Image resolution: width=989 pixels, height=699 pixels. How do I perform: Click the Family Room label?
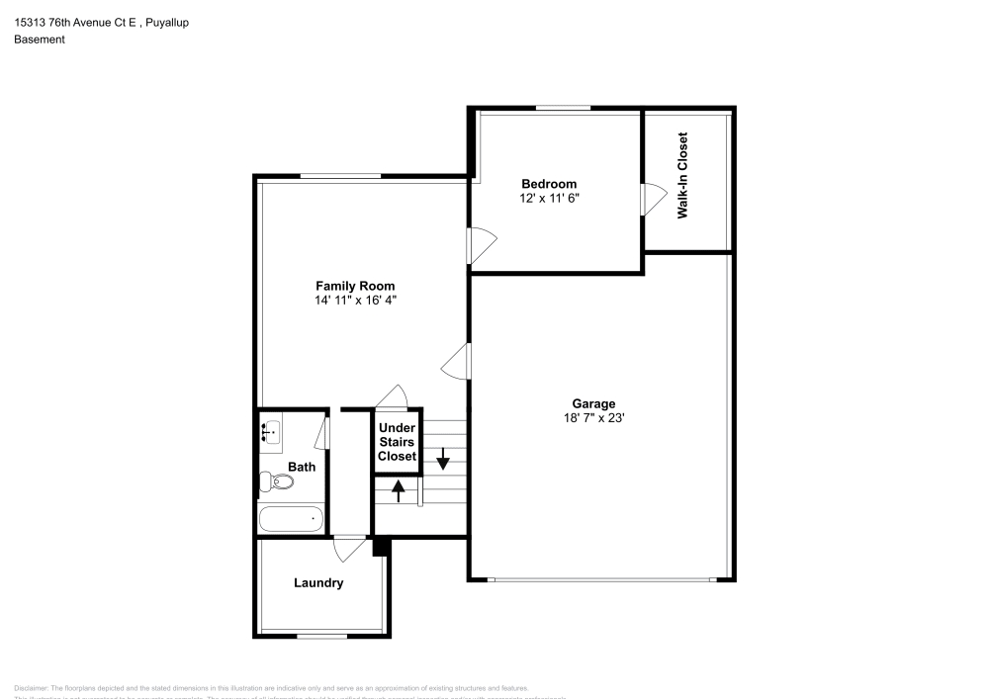click(355, 286)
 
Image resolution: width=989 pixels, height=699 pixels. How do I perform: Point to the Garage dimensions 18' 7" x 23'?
click(593, 418)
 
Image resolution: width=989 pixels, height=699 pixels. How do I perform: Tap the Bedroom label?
click(549, 184)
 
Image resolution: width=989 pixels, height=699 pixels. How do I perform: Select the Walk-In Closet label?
click(682, 176)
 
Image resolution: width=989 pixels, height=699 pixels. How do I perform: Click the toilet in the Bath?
click(277, 482)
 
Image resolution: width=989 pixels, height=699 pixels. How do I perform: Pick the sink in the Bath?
click(270, 431)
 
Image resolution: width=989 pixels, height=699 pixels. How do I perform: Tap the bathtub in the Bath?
click(291, 518)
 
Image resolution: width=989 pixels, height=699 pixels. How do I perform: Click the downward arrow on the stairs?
click(443, 458)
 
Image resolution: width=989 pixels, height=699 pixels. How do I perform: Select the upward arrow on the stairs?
click(399, 489)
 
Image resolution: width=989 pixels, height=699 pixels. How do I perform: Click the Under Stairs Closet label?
click(398, 442)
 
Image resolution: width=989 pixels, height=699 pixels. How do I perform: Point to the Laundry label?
click(318, 583)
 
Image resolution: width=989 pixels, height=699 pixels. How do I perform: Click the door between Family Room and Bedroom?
click(481, 245)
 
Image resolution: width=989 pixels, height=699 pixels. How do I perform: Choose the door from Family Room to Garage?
click(455, 362)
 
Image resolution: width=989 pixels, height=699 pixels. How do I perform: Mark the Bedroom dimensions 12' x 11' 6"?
click(549, 198)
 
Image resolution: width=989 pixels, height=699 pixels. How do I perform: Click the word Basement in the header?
click(40, 40)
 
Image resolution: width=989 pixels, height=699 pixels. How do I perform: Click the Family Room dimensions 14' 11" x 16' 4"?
click(355, 300)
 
